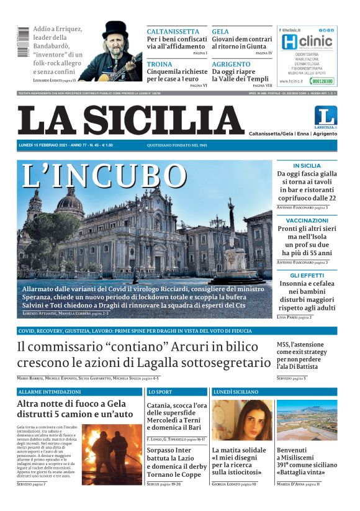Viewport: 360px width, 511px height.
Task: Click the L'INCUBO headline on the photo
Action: pyautogui.click(x=104, y=176)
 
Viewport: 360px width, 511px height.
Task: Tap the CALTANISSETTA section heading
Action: pyautogui.click(x=173, y=32)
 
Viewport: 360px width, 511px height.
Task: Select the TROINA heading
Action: pyautogui.click(x=160, y=65)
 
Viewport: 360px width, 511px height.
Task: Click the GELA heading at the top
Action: pyautogui.click(x=220, y=32)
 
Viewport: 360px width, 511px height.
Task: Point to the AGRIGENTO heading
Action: pyautogui.click(x=231, y=65)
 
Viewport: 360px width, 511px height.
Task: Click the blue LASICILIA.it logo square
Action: pyautogui.click(x=325, y=117)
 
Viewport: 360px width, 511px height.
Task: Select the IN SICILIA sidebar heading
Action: pyautogui.click(x=307, y=166)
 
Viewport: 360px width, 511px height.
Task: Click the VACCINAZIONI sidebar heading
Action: pyautogui.click(x=307, y=220)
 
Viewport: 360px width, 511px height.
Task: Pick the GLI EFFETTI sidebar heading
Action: pyautogui.click(x=307, y=275)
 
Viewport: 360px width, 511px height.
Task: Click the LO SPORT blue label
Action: pyautogui.click(x=160, y=392)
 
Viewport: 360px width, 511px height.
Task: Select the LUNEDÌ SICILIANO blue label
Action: pyautogui.click(x=236, y=392)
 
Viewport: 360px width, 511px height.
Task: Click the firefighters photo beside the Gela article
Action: pyautogui.click(x=112, y=454)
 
